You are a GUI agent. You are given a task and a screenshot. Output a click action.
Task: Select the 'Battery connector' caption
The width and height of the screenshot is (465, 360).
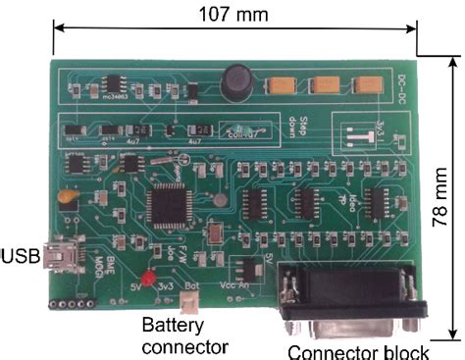(x=185, y=334)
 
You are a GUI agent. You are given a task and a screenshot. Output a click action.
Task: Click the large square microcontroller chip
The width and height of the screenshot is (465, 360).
(x=165, y=205)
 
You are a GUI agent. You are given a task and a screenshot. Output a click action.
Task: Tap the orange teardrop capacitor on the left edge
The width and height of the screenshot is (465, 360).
(x=68, y=197)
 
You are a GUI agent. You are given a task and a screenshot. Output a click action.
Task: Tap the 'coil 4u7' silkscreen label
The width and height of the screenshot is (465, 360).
(x=239, y=133)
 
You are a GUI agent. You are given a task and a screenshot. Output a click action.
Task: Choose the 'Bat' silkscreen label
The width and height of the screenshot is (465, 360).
(x=192, y=285)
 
